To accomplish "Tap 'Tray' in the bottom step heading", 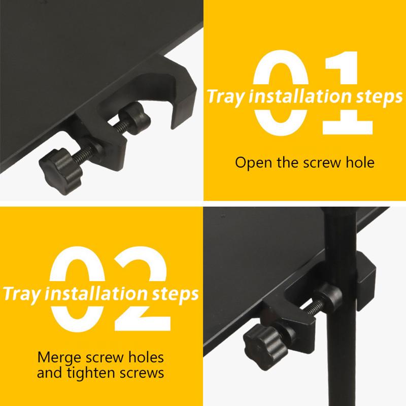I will click(x=20, y=293).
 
